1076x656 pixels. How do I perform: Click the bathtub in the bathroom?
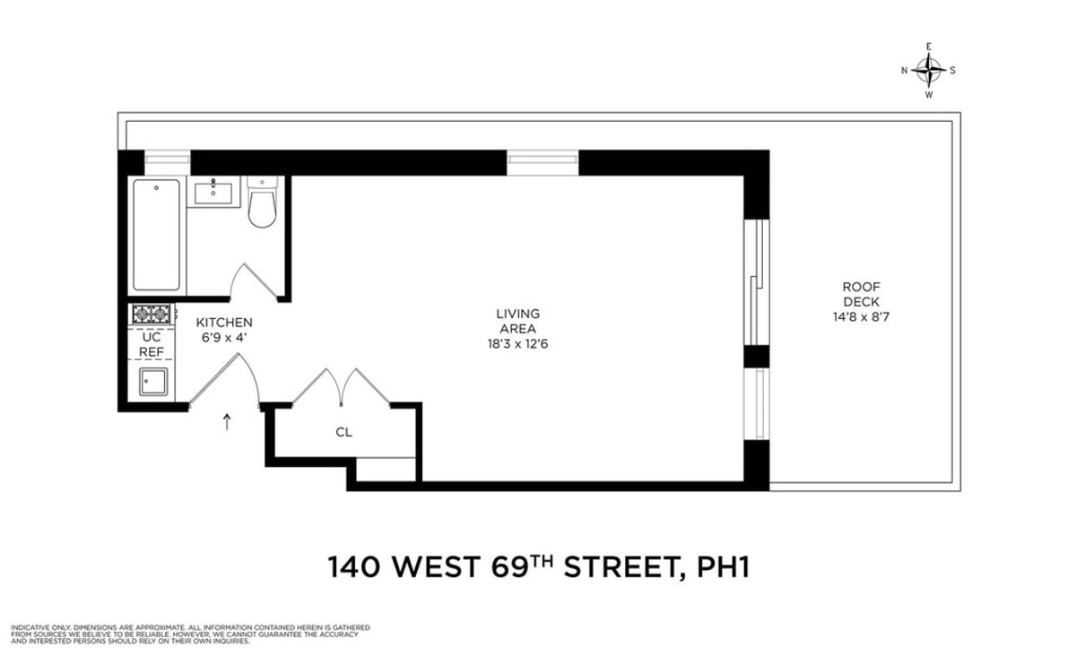156,234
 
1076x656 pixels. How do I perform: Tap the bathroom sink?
214,192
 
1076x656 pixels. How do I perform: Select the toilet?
263,205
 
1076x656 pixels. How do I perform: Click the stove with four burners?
152,314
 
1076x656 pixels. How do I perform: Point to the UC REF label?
151,345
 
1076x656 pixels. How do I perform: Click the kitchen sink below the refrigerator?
152,383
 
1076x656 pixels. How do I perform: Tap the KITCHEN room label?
224,323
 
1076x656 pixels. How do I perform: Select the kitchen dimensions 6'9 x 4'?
224,337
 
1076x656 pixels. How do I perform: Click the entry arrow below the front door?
227,421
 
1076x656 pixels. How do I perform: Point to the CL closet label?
343,432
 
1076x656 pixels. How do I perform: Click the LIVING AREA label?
517,321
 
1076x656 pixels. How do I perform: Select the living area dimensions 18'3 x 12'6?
517,343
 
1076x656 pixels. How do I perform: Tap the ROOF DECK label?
860,294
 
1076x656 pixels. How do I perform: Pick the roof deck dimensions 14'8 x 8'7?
860,315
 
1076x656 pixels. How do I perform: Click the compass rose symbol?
929,70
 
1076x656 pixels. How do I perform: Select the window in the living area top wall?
542,162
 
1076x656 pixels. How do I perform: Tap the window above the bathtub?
168,162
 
